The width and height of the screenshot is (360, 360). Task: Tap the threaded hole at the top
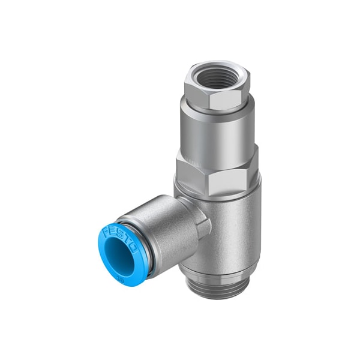[216, 77]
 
